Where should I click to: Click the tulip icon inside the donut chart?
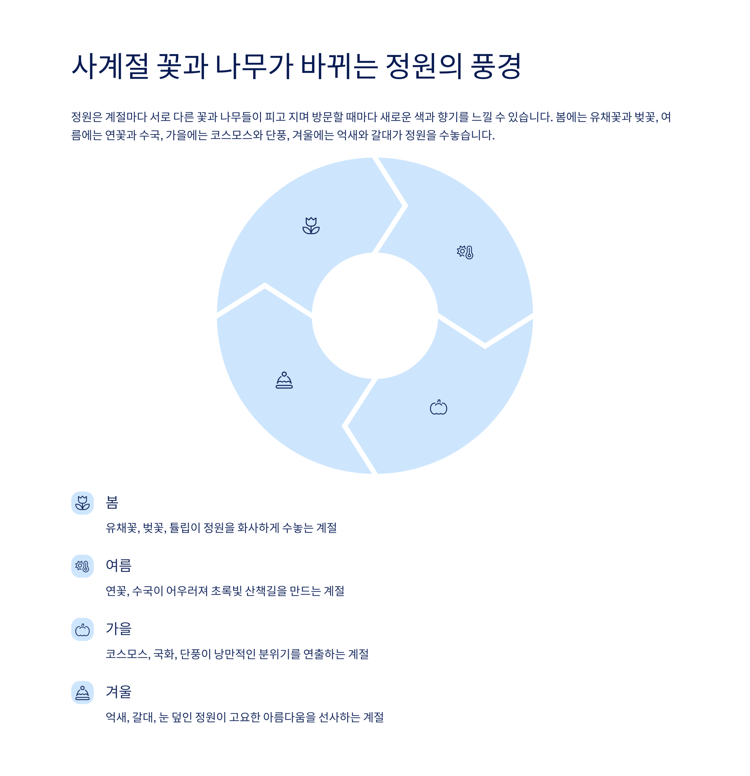[x=311, y=226]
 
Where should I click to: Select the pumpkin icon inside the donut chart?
[x=438, y=407]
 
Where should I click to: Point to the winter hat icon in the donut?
[x=284, y=380]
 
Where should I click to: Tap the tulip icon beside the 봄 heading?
[x=82, y=503]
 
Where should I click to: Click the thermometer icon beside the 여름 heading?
[x=82, y=566]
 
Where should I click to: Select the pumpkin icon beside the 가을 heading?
[x=82, y=629]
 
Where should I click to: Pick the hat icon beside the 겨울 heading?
[x=82, y=693]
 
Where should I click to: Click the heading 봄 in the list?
[x=112, y=502]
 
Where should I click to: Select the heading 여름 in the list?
[x=119, y=565]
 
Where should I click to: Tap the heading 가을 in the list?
[x=119, y=629]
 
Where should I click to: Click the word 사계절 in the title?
[x=110, y=66]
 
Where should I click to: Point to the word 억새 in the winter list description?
[x=117, y=718]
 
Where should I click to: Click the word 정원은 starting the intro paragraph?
[x=87, y=117]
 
